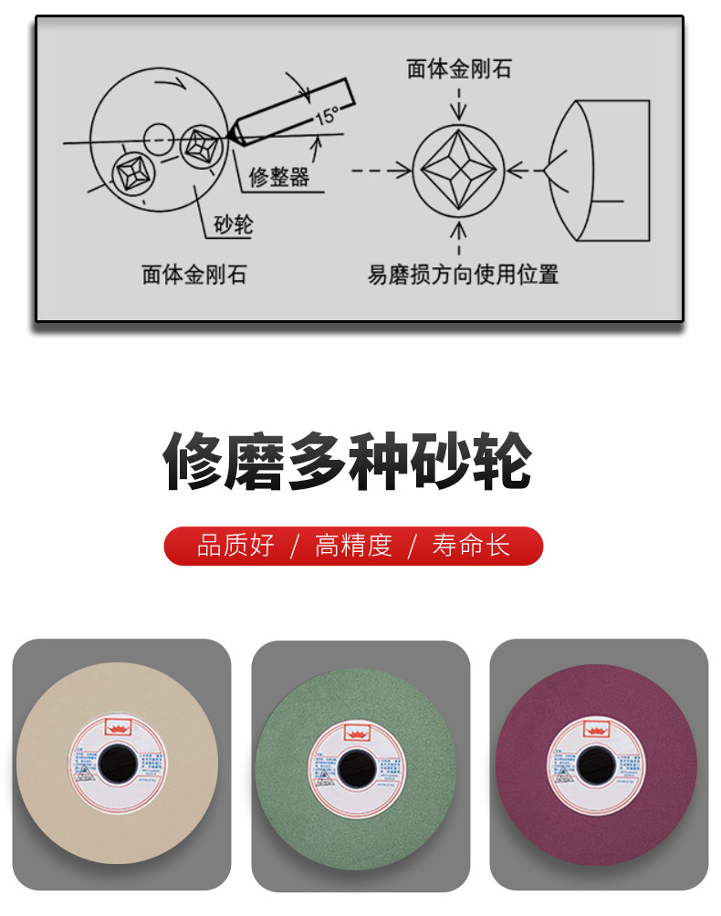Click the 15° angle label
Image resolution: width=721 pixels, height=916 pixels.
click(326, 116)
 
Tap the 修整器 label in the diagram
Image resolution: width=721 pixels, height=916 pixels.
click(279, 177)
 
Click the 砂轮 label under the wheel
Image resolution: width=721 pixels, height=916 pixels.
click(233, 224)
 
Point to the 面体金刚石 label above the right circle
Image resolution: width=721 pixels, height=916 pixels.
click(459, 69)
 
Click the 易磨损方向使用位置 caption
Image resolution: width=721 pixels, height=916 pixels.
click(463, 274)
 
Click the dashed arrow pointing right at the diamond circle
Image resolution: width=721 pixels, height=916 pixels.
click(379, 170)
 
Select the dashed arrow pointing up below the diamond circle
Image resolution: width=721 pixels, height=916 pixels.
click(458, 239)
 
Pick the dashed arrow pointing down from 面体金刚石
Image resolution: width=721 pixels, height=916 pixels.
click(458, 103)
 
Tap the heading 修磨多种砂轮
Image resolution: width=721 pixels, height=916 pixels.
click(348, 461)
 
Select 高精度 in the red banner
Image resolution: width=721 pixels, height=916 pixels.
click(353, 546)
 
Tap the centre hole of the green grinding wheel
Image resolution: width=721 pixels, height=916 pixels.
click(355, 765)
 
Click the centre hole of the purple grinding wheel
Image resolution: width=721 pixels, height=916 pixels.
click(594, 763)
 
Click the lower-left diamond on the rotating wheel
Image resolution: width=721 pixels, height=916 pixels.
click(130, 172)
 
